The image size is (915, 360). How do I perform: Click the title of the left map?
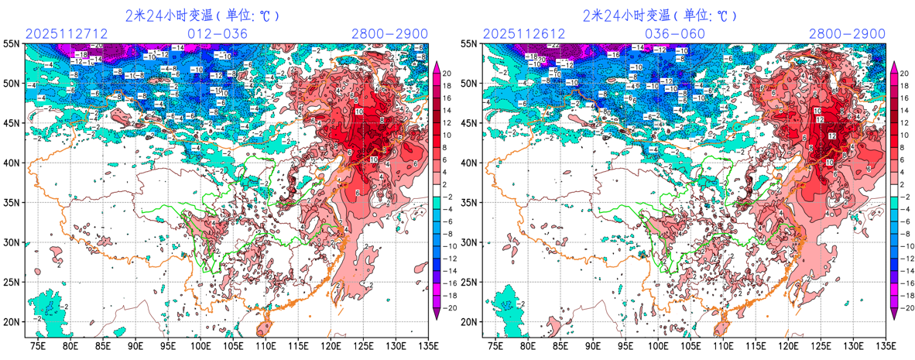[202, 15]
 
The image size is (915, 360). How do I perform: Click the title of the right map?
[660, 15]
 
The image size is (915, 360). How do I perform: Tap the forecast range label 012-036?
[218, 33]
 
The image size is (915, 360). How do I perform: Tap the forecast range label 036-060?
[676, 33]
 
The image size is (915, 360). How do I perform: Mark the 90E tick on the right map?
[593, 347]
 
